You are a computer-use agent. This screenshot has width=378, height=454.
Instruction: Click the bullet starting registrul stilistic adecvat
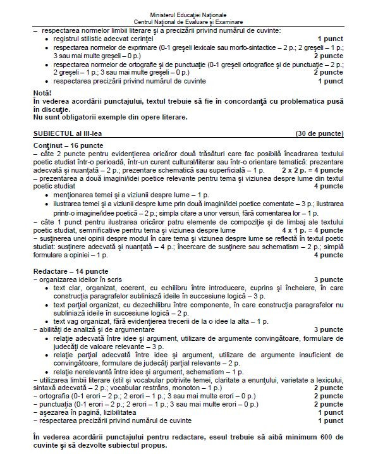click(x=104, y=39)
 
